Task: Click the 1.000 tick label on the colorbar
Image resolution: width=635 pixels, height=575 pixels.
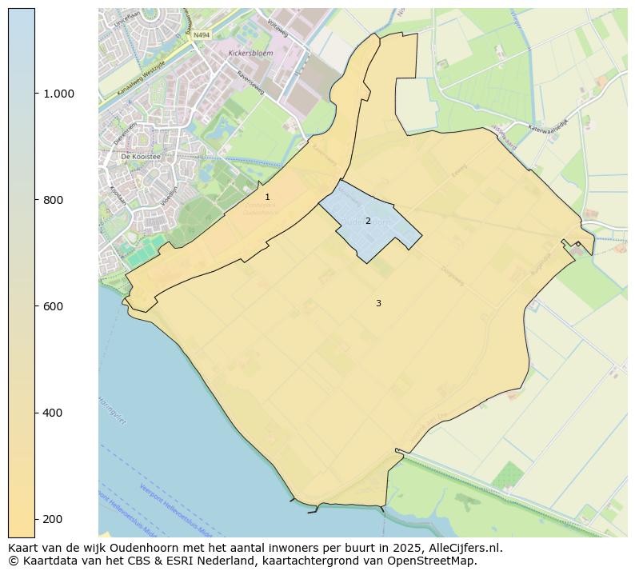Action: [x=58, y=94]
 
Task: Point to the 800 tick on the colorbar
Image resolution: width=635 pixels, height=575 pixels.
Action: [x=54, y=200]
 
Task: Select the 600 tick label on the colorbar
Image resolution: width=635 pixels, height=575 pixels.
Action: [x=54, y=306]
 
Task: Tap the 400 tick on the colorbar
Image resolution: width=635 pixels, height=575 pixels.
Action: [x=54, y=413]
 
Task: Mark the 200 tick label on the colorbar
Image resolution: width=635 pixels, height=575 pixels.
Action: [x=54, y=519]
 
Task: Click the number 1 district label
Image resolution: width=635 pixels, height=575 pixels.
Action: [x=267, y=197]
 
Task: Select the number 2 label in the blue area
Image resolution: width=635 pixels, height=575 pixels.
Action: [x=368, y=221]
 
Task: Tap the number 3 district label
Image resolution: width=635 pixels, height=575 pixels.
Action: [x=378, y=303]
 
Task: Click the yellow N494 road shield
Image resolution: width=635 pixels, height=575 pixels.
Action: [x=201, y=35]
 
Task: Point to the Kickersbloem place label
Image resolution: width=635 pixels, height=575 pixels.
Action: [x=247, y=54]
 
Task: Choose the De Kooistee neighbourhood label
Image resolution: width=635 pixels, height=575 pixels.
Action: [x=141, y=158]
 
